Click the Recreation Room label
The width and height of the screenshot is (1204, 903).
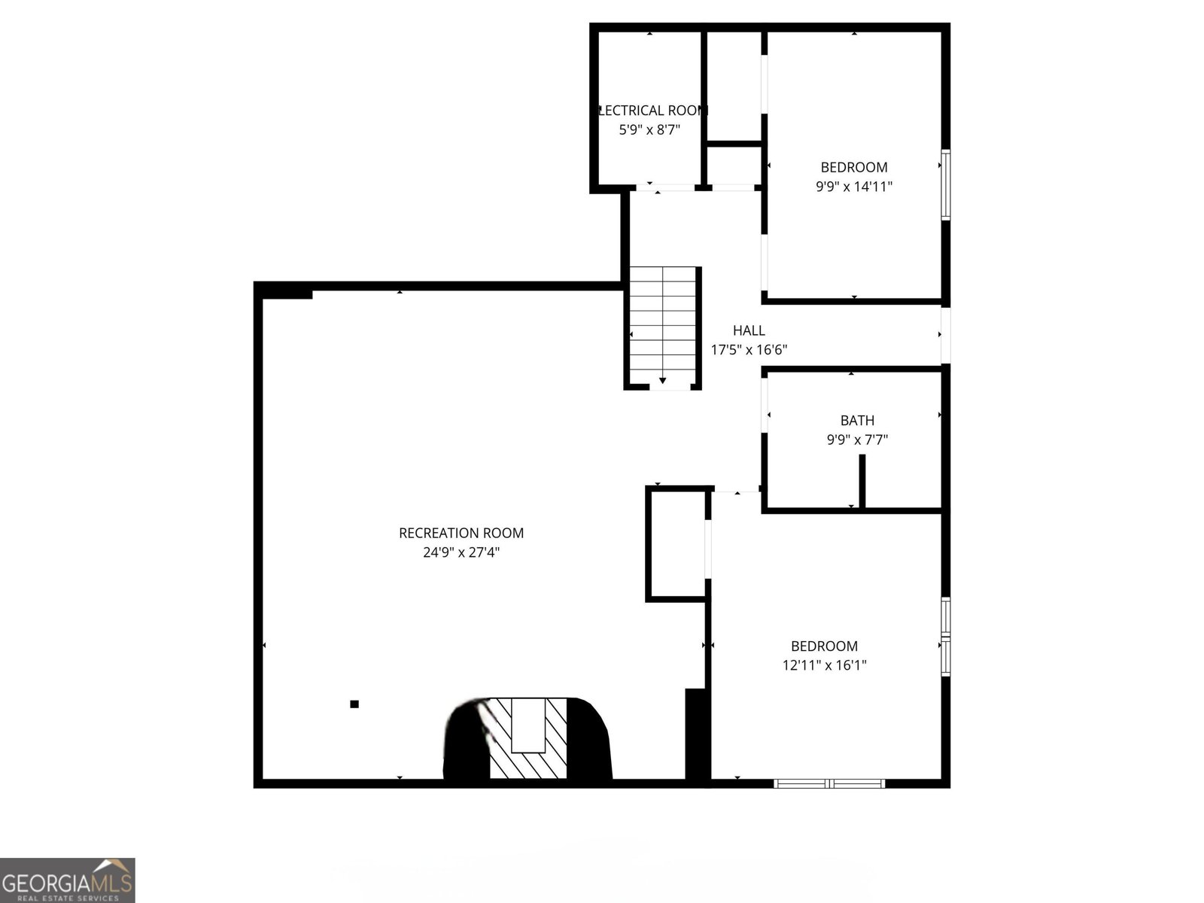point(461,533)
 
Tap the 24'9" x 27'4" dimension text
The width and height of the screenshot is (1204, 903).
point(461,552)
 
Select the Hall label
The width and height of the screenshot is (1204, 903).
point(749,330)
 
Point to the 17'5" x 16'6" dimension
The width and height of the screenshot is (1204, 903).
point(749,350)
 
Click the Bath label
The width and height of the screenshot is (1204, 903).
point(857,421)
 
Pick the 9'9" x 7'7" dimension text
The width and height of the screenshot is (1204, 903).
point(857,440)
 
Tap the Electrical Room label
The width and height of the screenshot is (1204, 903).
point(652,111)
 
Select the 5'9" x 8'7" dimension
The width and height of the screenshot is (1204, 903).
point(649,130)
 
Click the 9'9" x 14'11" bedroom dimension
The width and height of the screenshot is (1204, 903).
point(854,187)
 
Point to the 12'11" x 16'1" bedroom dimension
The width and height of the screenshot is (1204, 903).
point(824,665)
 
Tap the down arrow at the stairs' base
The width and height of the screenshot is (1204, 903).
point(663,382)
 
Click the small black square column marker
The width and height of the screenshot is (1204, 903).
point(354,704)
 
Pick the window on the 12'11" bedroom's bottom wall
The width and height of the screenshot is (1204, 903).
point(829,783)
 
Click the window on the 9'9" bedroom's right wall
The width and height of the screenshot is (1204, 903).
point(946,185)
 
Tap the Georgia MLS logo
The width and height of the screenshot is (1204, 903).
point(67,880)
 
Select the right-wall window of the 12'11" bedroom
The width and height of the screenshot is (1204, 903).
point(946,637)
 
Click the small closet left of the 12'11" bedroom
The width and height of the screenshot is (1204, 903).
point(676,545)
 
